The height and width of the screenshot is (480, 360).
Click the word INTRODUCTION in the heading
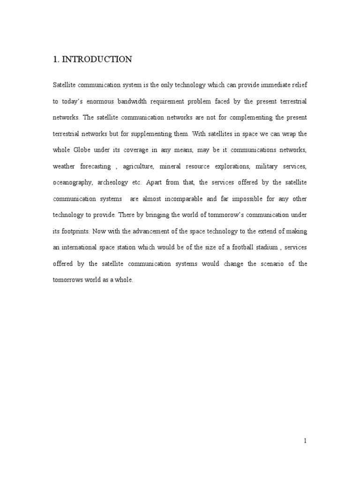(x=97, y=60)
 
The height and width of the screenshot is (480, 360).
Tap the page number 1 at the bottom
(x=305, y=441)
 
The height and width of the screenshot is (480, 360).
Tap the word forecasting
(x=95, y=166)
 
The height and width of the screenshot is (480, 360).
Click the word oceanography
(x=71, y=183)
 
